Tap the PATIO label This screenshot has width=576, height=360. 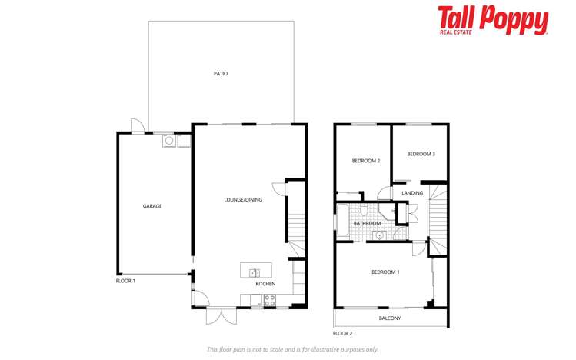(221, 74)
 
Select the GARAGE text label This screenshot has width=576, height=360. (152, 206)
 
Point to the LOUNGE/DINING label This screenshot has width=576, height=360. (243, 200)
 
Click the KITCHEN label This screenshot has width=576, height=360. (265, 284)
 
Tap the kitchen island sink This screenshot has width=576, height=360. (255, 272)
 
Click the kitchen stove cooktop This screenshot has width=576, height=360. (269, 301)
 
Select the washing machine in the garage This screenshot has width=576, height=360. (168, 141)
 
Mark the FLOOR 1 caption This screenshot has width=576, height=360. (125, 281)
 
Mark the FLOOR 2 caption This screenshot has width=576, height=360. (343, 334)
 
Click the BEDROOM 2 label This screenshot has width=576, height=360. (366, 161)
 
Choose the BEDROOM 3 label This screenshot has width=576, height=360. (421, 154)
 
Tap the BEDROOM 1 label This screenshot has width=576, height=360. (385, 272)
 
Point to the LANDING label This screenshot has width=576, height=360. (412, 193)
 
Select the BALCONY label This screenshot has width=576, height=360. (390, 318)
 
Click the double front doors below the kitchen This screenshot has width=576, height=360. (221, 315)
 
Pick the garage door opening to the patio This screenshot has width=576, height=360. (135, 125)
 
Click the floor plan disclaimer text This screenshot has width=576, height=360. (292, 349)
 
